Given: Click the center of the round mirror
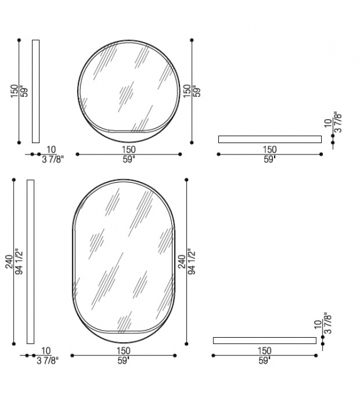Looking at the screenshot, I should click(x=128, y=90).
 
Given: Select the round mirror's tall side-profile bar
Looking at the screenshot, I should click(x=35, y=91).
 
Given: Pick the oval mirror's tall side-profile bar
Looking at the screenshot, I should click(x=30, y=262).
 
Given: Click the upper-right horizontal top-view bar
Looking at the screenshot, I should click(x=270, y=139).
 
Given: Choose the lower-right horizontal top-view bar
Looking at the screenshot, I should click(x=265, y=340).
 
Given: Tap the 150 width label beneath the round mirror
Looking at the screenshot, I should click(x=129, y=149).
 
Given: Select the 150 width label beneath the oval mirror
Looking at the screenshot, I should click(x=124, y=351).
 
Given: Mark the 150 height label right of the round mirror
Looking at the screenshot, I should click(x=186, y=90).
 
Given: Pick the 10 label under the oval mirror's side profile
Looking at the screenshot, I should click(x=46, y=351).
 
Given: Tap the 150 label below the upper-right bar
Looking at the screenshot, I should click(x=270, y=149).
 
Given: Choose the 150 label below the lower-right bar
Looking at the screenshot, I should click(x=265, y=351).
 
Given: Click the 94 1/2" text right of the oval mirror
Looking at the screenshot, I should click(x=191, y=262).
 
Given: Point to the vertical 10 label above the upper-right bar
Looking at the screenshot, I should click(x=327, y=124).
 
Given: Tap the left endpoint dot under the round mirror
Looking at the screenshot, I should click(x=77, y=154).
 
